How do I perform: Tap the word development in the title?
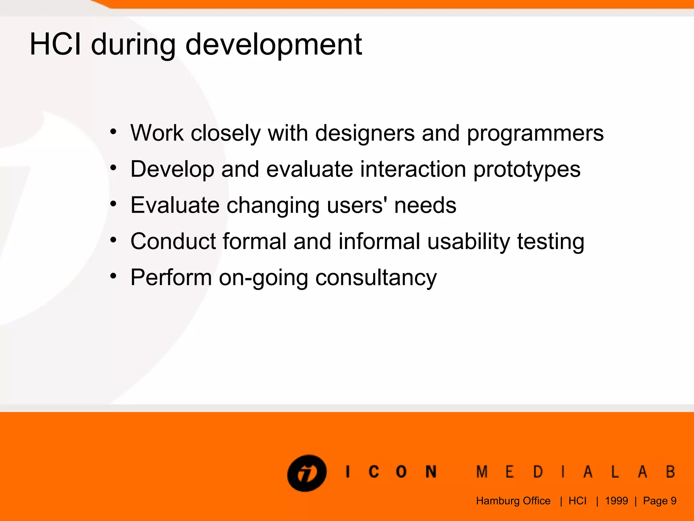point(274,45)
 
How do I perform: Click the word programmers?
point(535,134)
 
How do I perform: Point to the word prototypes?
point(527,170)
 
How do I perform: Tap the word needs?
point(425,205)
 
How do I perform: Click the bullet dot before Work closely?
point(113,131)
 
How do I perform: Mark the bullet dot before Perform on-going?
point(113,276)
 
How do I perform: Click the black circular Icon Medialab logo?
point(307,473)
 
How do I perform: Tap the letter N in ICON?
point(431,472)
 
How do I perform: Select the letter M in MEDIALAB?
point(482,472)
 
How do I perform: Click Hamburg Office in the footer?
point(513,501)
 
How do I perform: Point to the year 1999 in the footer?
point(616,501)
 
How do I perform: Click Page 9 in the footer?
point(659,501)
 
